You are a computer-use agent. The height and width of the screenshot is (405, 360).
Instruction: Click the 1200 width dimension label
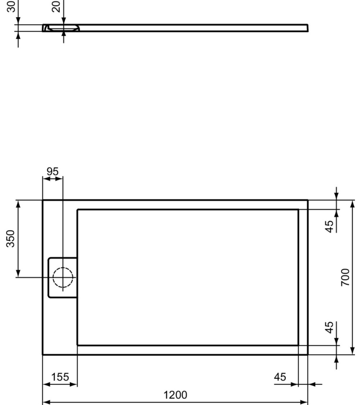click(x=175, y=396)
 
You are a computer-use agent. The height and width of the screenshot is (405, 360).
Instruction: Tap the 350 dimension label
click(x=11, y=238)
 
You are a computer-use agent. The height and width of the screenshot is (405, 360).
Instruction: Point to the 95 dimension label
click(x=52, y=172)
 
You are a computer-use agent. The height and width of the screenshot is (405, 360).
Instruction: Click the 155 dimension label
click(x=60, y=378)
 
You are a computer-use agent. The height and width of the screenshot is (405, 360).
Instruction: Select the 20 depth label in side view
click(x=57, y=6)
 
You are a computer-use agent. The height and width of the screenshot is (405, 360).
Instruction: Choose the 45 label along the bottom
click(x=280, y=377)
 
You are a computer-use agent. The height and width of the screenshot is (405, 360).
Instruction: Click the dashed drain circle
click(x=63, y=278)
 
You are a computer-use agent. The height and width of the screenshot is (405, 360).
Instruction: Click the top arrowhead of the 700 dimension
click(x=352, y=203)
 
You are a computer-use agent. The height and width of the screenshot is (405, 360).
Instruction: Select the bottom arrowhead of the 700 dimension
click(x=352, y=351)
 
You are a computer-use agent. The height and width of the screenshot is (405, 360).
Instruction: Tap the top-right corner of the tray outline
click(x=308, y=200)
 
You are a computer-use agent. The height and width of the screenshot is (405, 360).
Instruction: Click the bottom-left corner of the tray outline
click(x=43, y=355)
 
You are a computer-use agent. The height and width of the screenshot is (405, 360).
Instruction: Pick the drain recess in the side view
click(x=64, y=28)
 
